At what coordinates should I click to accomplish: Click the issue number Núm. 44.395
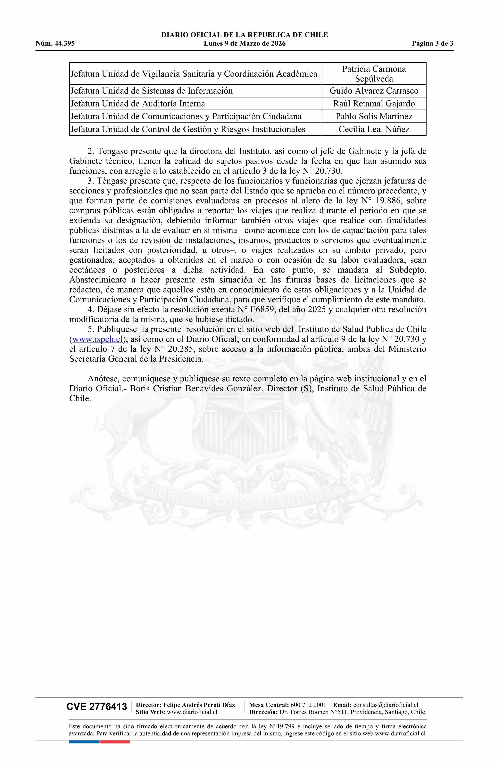pyautogui.click(x=55, y=44)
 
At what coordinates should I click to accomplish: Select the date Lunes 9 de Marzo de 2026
pyautogui.click(x=245, y=44)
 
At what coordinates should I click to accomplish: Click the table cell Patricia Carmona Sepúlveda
pyautogui.click(x=374, y=74)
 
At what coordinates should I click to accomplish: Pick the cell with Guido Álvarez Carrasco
pyautogui.click(x=374, y=91)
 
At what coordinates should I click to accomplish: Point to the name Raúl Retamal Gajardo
pyautogui.click(x=374, y=104)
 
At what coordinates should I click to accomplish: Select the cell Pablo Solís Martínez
pyautogui.click(x=374, y=116)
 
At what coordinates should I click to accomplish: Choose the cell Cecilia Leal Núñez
pyautogui.click(x=374, y=129)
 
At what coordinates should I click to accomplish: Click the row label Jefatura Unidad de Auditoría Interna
pyautogui.click(x=138, y=104)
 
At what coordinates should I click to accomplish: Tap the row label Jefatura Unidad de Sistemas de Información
pyautogui.click(x=151, y=91)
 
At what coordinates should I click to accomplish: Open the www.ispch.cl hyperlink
pyautogui.click(x=98, y=339)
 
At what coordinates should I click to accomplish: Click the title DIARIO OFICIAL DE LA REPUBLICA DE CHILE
pyautogui.click(x=245, y=35)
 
